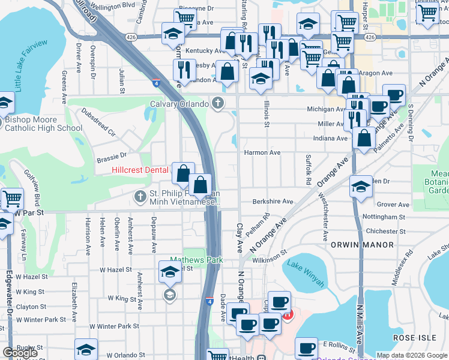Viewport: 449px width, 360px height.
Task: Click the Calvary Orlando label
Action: point(179,104)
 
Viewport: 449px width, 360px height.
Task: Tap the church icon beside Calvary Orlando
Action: point(218,104)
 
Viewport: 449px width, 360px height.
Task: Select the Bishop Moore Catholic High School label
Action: point(43,124)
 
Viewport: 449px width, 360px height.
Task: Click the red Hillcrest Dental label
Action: point(140,170)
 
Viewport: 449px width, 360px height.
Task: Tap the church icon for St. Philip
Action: point(140,195)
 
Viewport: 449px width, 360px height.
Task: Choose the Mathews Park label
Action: point(196,260)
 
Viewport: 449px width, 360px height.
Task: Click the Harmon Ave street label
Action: point(262,153)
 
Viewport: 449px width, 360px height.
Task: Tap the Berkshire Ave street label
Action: point(273,202)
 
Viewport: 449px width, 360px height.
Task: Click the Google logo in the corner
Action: point(20,353)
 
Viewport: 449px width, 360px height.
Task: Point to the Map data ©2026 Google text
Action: point(412,355)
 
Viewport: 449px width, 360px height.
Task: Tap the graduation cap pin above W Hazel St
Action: point(170,271)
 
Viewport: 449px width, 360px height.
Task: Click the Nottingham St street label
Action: point(385,217)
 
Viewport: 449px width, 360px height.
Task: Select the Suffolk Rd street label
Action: point(308,169)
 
